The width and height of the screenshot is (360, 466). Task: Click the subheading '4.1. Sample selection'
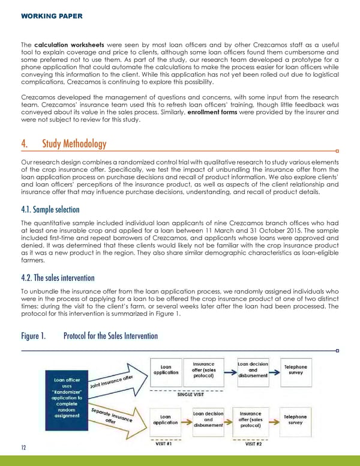56,210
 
